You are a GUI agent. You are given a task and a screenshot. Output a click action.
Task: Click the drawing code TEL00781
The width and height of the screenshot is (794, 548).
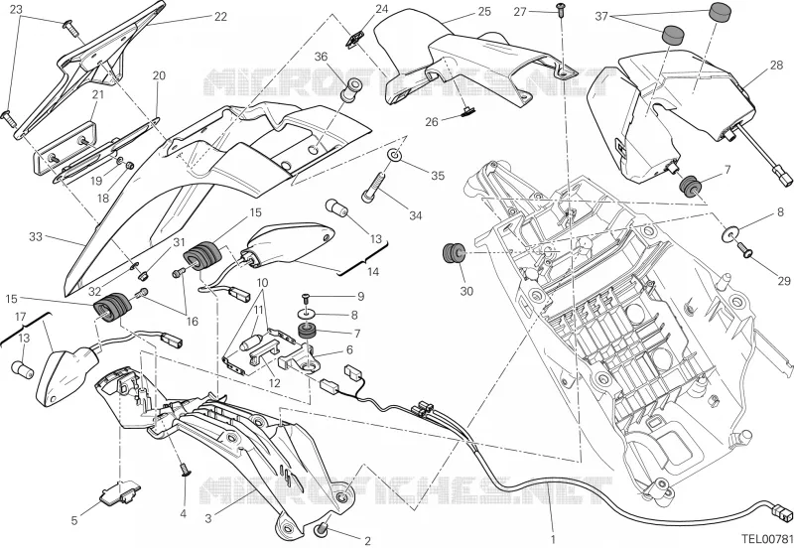pyautogui.click(x=767, y=538)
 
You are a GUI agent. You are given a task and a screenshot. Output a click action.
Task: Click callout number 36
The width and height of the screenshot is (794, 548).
pyautogui.click(x=321, y=57)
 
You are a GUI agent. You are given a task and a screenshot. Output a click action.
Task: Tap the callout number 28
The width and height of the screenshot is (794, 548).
pyautogui.click(x=776, y=66)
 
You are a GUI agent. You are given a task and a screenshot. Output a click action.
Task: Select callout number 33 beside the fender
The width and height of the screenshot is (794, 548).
pyautogui.click(x=36, y=236)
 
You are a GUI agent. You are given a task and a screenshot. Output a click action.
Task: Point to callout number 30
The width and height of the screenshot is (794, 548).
pyautogui.click(x=466, y=291)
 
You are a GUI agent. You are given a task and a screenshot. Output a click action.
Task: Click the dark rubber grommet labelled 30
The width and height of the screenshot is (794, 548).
pyautogui.click(x=454, y=253)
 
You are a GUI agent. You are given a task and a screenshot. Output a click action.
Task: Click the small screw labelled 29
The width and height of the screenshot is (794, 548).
pyautogui.click(x=744, y=248)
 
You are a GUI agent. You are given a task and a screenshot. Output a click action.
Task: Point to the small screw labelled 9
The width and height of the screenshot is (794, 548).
pyautogui.click(x=306, y=296)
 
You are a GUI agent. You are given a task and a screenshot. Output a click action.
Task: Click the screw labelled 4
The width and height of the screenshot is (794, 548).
pyautogui.click(x=186, y=470)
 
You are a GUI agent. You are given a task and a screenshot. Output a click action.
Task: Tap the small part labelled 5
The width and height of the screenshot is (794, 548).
pyautogui.click(x=120, y=492)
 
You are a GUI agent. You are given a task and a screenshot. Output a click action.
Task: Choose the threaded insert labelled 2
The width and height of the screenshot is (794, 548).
pyautogui.click(x=321, y=530)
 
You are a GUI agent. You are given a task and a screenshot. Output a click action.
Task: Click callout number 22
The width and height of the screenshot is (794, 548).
pyautogui.click(x=220, y=17)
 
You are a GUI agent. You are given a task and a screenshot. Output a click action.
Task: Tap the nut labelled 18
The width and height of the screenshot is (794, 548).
pyautogui.click(x=130, y=165)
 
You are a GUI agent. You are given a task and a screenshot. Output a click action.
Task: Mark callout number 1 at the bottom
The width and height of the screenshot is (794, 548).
pyautogui.click(x=553, y=539)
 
